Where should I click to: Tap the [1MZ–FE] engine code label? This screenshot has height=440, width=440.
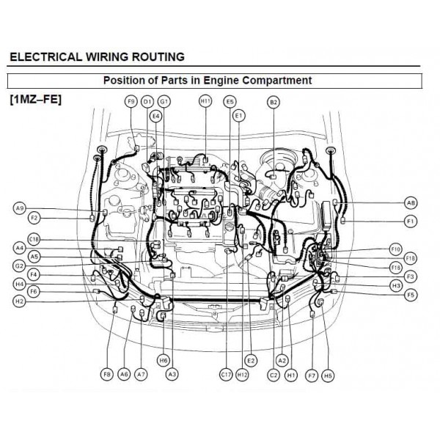pyautogui.click(x=36, y=98)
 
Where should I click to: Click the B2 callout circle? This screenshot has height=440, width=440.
pyautogui.click(x=274, y=102)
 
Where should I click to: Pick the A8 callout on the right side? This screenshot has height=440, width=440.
pyautogui.click(x=411, y=202)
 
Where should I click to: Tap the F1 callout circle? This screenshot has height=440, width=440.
pyautogui.click(x=411, y=221)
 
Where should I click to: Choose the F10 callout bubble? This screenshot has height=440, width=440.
pyautogui.click(x=396, y=249)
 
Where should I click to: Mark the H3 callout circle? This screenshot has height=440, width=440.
pyautogui.click(x=396, y=285)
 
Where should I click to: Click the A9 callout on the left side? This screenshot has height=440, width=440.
pyautogui.click(x=20, y=208)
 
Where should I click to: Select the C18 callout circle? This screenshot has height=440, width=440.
pyautogui.click(x=34, y=239)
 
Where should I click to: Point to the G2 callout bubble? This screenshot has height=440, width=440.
pyautogui.click(x=20, y=265)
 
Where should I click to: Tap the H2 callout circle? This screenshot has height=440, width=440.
pyautogui.click(x=20, y=301)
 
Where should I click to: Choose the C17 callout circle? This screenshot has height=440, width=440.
pyautogui.click(x=226, y=374)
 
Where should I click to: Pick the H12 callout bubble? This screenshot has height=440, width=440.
pyautogui.click(x=243, y=374)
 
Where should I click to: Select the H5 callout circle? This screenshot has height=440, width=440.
pyautogui.click(x=328, y=375)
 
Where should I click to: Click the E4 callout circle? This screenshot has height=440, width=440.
pyautogui.click(x=155, y=116)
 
